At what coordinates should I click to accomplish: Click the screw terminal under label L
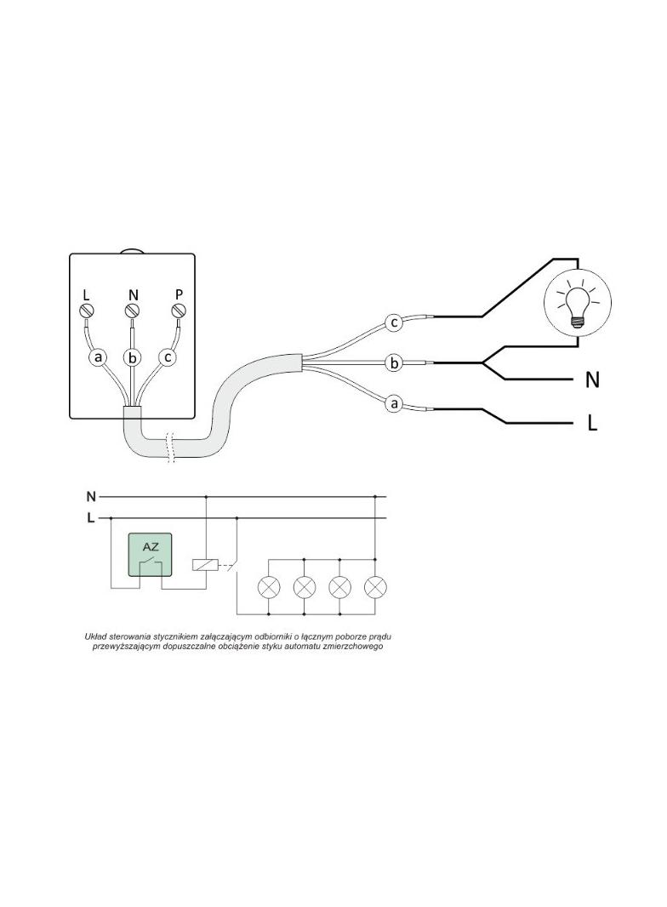pyautogui.click(x=86, y=312)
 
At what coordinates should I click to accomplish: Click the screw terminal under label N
pyautogui.click(x=133, y=312)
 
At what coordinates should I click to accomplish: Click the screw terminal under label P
pyautogui.click(x=180, y=312)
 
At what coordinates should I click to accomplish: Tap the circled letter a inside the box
pyautogui.click(x=99, y=358)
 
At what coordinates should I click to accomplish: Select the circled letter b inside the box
pyautogui.click(x=133, y=358)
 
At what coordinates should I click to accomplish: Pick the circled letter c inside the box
pyautogui.click(x=168, y=358)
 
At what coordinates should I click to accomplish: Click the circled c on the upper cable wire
pyautogui.click(x=395, y=322)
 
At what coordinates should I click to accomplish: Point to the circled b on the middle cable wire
pyautogui.click(x=395, y=363)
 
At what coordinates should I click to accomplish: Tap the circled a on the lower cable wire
pyautogui.click(x=395, y=404)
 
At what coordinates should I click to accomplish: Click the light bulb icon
pyautogui.click(x=578, y=302)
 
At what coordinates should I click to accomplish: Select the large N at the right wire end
pyautogui.click(x=592, y=380)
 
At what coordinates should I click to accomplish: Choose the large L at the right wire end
pyautogui.click(x=592, y=424)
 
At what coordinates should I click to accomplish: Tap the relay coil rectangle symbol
pyautogui.click(x=205, y=565)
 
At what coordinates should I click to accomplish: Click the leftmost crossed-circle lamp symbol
pyautogui.click(x=269, y=587)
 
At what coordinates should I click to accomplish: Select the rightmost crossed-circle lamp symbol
pyautogui.click(x=375, y=587)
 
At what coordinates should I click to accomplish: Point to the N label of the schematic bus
pyautogui.click(x=91, y=496)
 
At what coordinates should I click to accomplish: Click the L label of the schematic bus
pyautogui.click(x=90, y=518)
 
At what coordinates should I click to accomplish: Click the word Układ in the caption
pyautogui.click(x=96, y=637)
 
